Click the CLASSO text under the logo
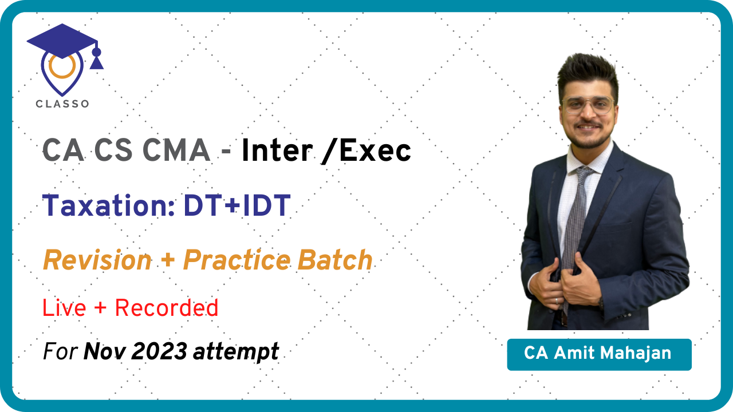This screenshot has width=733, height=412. click(62, 104)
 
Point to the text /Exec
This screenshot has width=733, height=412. click(368, 151)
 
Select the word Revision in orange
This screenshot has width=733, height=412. click(97, 261)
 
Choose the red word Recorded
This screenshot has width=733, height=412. click(167, 308)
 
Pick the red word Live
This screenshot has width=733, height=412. click(64, 308)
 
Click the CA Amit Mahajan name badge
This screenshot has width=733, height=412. click(598, 354)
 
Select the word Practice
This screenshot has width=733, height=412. click(237, 261)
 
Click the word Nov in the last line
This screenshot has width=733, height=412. click(104, 351)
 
